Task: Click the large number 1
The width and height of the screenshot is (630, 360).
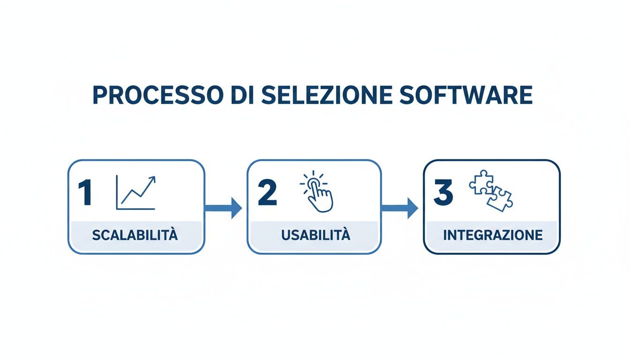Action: pos(86,193)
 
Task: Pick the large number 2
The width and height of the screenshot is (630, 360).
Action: pos(267,193)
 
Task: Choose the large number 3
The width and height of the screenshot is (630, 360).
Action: pos(443,193)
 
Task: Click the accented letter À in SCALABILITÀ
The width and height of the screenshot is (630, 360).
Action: pos(173,234)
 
